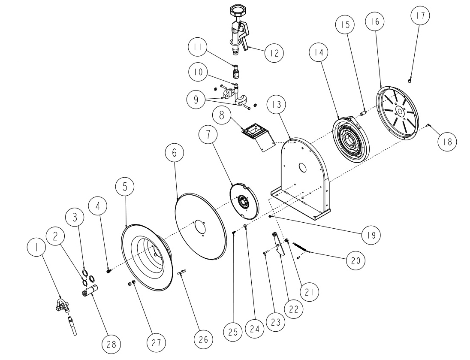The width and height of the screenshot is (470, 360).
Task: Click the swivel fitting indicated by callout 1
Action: pos(64,306)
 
